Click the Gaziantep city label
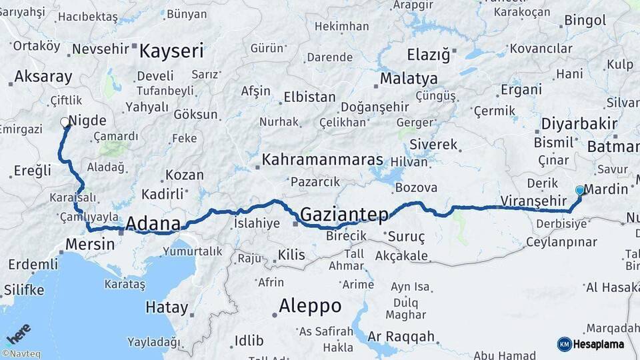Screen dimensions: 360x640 coord(344,215)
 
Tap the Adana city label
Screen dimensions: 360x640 coord(153,223)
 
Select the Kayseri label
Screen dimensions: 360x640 coord(171,51)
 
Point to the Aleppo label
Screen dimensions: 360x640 coord(310,307)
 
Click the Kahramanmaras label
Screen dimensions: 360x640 coord(323,160)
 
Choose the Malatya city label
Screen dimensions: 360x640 coord(409,79)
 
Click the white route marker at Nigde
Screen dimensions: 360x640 coord(65,123)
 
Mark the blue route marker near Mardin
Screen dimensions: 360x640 coord(579,191)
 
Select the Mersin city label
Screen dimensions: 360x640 coord(90,245)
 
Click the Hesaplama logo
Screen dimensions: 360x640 coord(591,344)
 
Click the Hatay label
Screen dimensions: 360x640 coord(167,308)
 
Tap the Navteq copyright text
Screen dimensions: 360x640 coord(23,354)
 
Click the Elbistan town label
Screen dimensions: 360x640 coord(309,97)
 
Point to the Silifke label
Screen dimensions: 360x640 coord(24,290)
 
